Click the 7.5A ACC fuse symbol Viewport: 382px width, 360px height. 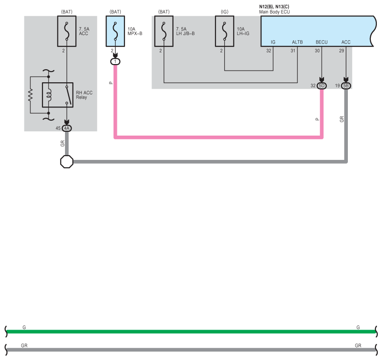point(67,31)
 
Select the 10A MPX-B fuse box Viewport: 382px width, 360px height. point(115,31)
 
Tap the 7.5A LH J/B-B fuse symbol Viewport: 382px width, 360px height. point(164,31)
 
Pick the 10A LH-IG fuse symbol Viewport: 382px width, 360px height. point(224,31)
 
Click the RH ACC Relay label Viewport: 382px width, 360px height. point(84,95)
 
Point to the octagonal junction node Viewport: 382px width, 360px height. point(67,162)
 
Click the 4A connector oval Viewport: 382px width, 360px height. point(67,129)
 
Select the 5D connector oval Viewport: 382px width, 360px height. point(322,86)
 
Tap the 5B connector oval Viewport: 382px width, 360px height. point(346,86)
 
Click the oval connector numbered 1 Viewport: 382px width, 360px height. point(115,62)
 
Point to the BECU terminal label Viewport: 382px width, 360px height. point(322,42)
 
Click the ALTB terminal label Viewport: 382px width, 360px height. point(297,42)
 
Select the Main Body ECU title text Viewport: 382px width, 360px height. point(274,12)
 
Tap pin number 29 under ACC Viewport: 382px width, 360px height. point(342,50)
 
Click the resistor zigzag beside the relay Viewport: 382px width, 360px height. point(30,95)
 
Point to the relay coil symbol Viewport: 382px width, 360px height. point(49,95)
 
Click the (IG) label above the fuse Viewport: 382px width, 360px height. point(224,12)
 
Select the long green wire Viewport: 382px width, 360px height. point(191,331)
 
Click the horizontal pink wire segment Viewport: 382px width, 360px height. point(218,137)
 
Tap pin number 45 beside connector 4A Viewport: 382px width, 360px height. point(58,129)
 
